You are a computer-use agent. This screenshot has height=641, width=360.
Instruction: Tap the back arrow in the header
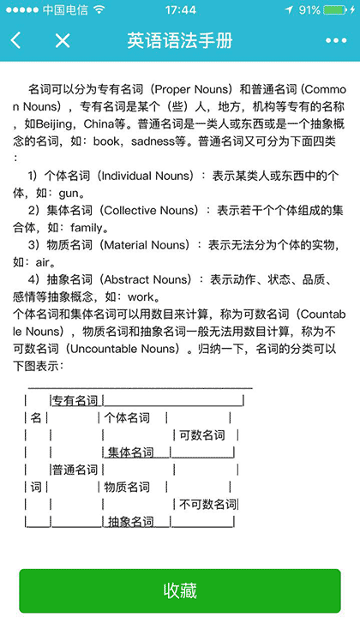(16, 40)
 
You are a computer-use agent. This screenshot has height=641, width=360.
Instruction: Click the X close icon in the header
(62, 40)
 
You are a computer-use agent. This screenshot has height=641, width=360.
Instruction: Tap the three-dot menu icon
(336, 40)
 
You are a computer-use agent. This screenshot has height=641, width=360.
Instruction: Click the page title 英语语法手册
(179, 40)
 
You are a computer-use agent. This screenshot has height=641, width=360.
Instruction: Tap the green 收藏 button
(180, 590)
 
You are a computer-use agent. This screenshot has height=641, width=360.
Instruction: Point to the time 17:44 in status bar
(180, 9)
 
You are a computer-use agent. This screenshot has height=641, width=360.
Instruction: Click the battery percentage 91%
(310, 9)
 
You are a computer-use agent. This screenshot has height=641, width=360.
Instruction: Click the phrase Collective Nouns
(159, 210)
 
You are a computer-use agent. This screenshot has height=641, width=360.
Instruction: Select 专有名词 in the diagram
(75, 400)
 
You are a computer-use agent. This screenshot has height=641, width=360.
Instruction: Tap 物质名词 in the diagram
(127, 487)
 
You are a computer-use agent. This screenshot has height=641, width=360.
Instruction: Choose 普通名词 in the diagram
(75, 470)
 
